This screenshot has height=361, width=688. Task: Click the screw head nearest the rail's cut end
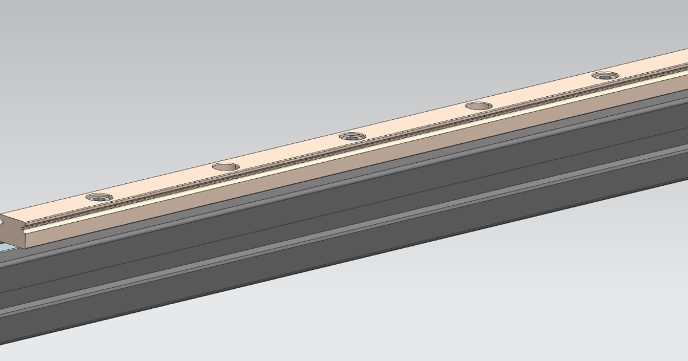click(99, 197)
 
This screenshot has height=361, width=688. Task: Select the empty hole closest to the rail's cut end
click(226, 167)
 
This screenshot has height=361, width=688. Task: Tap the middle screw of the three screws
click(352, 136)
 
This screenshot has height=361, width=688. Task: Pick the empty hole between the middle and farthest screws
click(479, 106)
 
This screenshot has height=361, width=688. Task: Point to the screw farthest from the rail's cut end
click(605, 75)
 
